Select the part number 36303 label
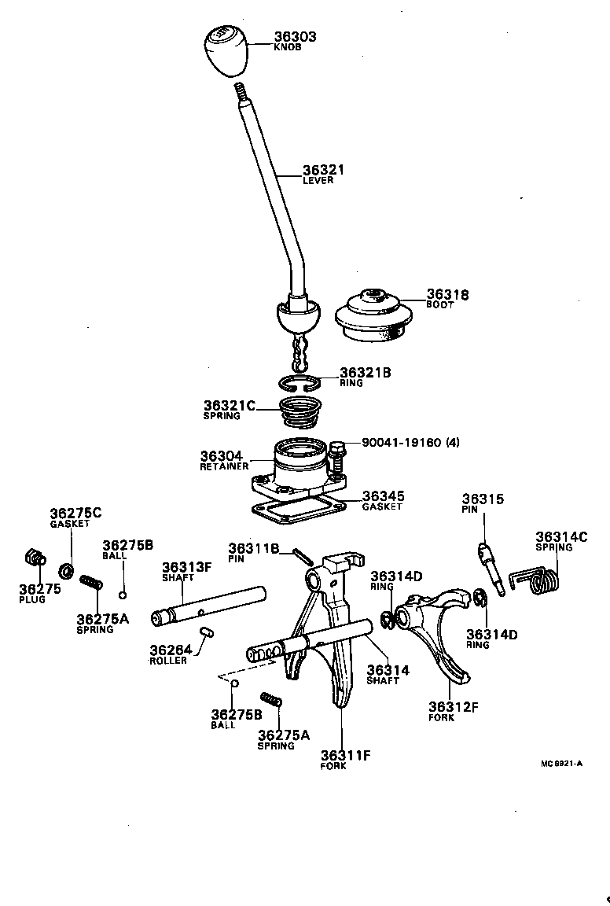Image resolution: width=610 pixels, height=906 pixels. tap(295, 37)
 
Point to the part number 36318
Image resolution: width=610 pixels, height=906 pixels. tap(447, 295)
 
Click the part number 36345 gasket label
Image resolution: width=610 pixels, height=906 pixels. tap(383, 497)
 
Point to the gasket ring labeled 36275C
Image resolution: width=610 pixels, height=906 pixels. tap(67, 568)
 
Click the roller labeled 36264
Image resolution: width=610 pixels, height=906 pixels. tap(208, 629)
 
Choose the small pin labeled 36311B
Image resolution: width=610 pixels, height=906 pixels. tap(303, 555)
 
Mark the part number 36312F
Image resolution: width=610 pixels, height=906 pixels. tap(453, 706)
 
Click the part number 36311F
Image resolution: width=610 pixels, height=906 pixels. tap(345, 756)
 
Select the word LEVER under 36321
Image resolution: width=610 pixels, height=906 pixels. tap(318, 181)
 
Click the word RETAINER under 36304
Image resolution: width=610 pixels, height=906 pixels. tap(224, 466)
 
